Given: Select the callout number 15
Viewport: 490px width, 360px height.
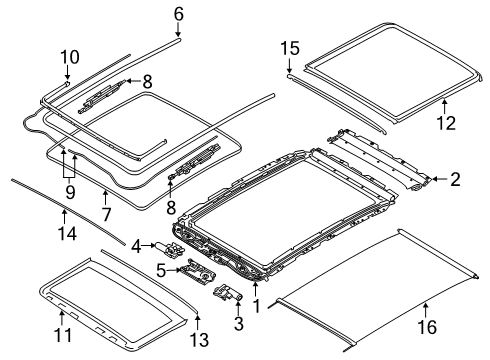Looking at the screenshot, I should pyautogui.click(x=289, y=47).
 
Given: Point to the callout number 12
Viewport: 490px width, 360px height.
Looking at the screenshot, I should pyautogui.click(x=445, y=123).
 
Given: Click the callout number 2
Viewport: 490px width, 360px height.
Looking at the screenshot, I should pyautogui.click(x=454, y=180).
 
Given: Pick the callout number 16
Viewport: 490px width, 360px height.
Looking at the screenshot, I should pyautogui.click(x=425, y=326).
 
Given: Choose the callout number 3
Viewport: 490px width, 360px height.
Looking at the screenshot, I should pyautogui.click(x=237, y=324).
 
